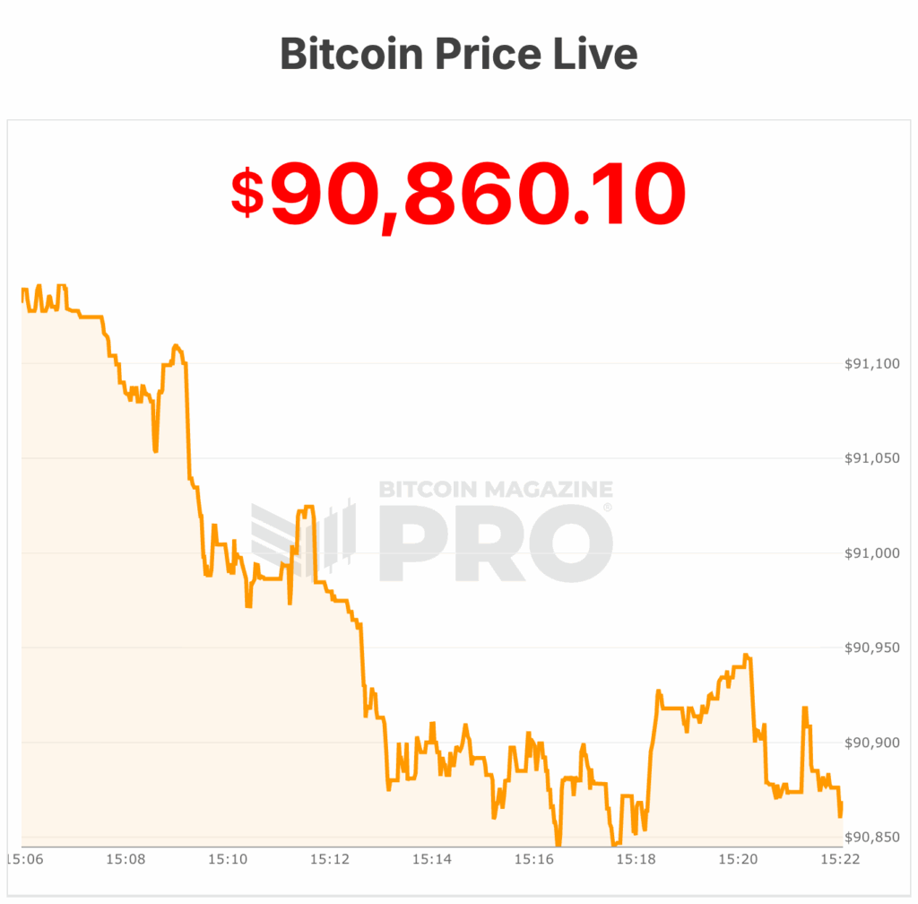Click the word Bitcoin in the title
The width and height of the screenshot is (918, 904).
pos(351,54)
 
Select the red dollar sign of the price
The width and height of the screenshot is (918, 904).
pos(248,193)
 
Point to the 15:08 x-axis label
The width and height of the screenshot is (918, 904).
pos(126,859)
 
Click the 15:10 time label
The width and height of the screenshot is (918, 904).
pos(228,859)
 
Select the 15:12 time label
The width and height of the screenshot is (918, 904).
pos(330,859)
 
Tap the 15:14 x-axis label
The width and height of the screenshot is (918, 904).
pos(431,859)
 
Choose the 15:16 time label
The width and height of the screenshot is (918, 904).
pos(533,859)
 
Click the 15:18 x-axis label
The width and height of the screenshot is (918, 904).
pos(635,859)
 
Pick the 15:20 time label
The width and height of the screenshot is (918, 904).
pos(737,859)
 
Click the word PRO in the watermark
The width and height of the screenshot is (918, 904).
pos(496,544)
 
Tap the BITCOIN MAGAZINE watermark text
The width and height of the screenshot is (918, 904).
pos(496,490)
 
